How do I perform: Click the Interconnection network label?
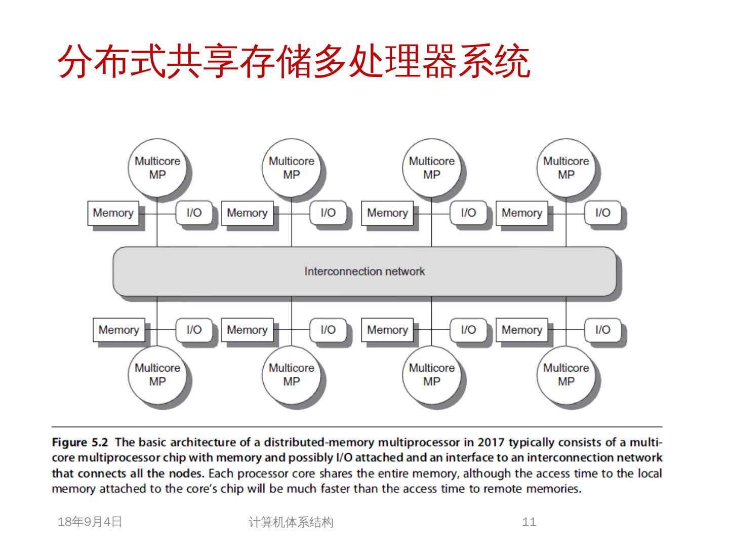tap(364, 271)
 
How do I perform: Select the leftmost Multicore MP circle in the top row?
tap(157, 168)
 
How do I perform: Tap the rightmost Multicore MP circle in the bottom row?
tap(565, 375)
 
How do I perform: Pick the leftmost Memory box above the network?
tap(113, 213)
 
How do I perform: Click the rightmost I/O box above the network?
tap(602, 213)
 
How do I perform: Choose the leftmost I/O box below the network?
tap(194, 330)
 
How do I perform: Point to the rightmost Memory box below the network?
tap(521, 330)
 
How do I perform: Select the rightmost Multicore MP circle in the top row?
tap(565, 168)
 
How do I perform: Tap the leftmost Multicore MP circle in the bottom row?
tap(157, 375)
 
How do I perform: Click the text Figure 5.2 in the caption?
tap(79, 442)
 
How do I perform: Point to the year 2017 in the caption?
tap(491, 442)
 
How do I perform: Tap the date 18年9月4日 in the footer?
tap(90, 522)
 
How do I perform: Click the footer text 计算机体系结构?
tap(291, 522)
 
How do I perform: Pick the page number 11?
tap(529, 522)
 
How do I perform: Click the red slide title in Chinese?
tap(294, 62)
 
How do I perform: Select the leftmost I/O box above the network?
tap(194, 213)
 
